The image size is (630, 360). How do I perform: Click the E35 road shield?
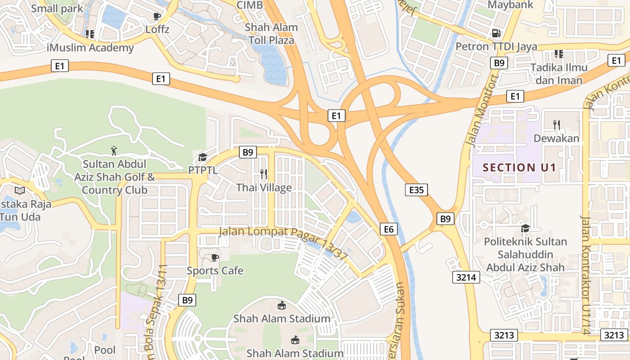pos(416,190)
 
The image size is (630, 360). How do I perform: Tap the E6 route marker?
pos(389,229)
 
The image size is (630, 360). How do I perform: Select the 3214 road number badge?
pos(466,277)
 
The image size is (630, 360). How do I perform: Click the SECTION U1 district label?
pos(519,168)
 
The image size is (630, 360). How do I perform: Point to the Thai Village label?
pos(264,188)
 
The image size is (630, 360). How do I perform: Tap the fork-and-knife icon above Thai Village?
pos(264,174)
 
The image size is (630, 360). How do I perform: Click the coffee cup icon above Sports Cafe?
pos(215,257)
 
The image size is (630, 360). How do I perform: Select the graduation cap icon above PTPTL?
pos(202,157)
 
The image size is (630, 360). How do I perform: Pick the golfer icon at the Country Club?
pos(114,150)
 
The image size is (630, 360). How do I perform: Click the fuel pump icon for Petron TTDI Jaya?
pos(496,33)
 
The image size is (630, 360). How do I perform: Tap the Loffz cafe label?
pos(157,30)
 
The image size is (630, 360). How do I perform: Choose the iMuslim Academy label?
pos(90,48)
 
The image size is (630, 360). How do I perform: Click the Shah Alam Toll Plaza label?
pos(271,34)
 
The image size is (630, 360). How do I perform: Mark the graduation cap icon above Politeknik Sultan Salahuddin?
pos(525,228)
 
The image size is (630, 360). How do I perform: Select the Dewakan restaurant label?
pos(557,138)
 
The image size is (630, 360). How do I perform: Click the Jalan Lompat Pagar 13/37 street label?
pos(283,243)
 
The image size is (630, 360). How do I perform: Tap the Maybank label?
pos(510,5)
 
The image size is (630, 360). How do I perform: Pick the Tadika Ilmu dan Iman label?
pos(559,74)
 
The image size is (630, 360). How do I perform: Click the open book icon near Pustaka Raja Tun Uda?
pos(20,190)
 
